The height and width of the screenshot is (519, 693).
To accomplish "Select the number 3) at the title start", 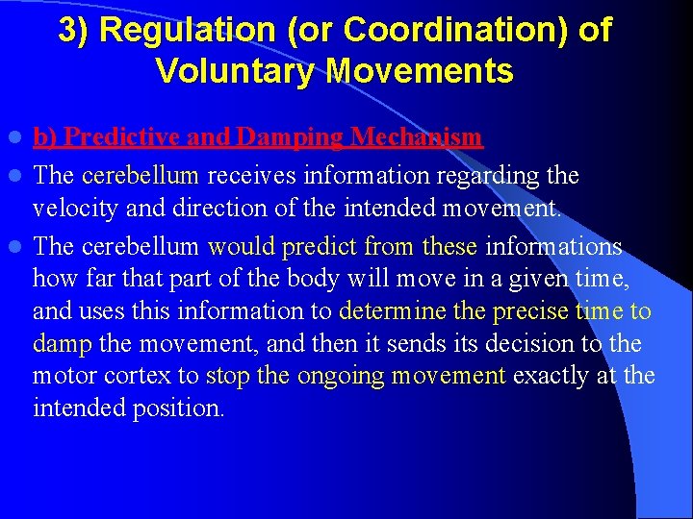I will point(75,31).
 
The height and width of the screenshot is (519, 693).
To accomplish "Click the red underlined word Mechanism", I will point(417,137).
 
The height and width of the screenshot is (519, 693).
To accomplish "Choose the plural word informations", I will point(553,247).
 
